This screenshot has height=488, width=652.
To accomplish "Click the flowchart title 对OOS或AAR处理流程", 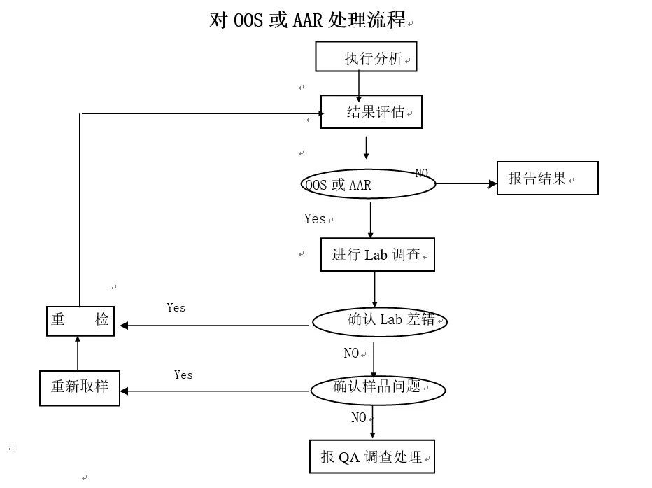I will coord(307,20).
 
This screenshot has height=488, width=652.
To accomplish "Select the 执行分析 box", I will coord(366,57).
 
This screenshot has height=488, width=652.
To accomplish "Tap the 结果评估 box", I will coord(371,112).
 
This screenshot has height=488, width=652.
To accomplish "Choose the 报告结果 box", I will coord(547,179).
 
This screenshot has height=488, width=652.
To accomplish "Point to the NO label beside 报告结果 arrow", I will coord(421,173).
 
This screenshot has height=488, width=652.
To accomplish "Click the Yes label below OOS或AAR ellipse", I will coord(315,219).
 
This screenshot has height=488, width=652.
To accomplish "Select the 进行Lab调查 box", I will coord(377,255).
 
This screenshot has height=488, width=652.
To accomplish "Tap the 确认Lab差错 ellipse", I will coord(378,321).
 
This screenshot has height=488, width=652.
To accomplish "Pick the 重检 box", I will coord(80,321).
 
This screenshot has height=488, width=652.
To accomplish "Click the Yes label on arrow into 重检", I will coord(176,307).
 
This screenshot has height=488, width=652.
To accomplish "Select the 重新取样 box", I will coord(80,386).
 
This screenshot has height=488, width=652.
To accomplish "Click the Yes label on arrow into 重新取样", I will coord(183,375).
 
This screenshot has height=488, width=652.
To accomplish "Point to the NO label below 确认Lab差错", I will coord(351,354).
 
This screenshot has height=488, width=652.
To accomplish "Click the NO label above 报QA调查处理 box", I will coord(359,418).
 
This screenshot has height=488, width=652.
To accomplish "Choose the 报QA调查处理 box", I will coord(372,457).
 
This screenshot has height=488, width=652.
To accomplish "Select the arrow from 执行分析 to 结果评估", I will coord(359,84).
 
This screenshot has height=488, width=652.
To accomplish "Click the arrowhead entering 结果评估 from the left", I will coord(316,113).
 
